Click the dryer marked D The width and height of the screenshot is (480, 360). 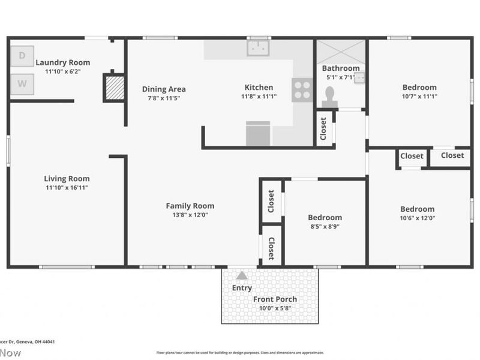22,56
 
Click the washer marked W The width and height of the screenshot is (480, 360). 22,84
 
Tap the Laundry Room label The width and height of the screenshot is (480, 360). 62,62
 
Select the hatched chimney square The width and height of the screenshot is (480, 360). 114,88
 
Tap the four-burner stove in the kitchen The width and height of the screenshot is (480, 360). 302,90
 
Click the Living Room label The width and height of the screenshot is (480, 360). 67,178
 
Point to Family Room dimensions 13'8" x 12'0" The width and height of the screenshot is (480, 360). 190,215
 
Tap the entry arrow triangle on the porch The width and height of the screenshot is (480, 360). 241,275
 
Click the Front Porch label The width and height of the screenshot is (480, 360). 275,299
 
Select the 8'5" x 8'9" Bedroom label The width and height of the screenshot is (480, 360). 325,217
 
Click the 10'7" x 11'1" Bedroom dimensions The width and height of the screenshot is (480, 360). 419,96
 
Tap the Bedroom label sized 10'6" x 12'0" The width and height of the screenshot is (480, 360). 417,209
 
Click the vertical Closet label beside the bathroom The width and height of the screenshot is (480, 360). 323,128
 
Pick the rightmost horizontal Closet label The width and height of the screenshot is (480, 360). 452,155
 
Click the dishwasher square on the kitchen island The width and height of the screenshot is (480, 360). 258,134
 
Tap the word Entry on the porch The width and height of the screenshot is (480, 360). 242,288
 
